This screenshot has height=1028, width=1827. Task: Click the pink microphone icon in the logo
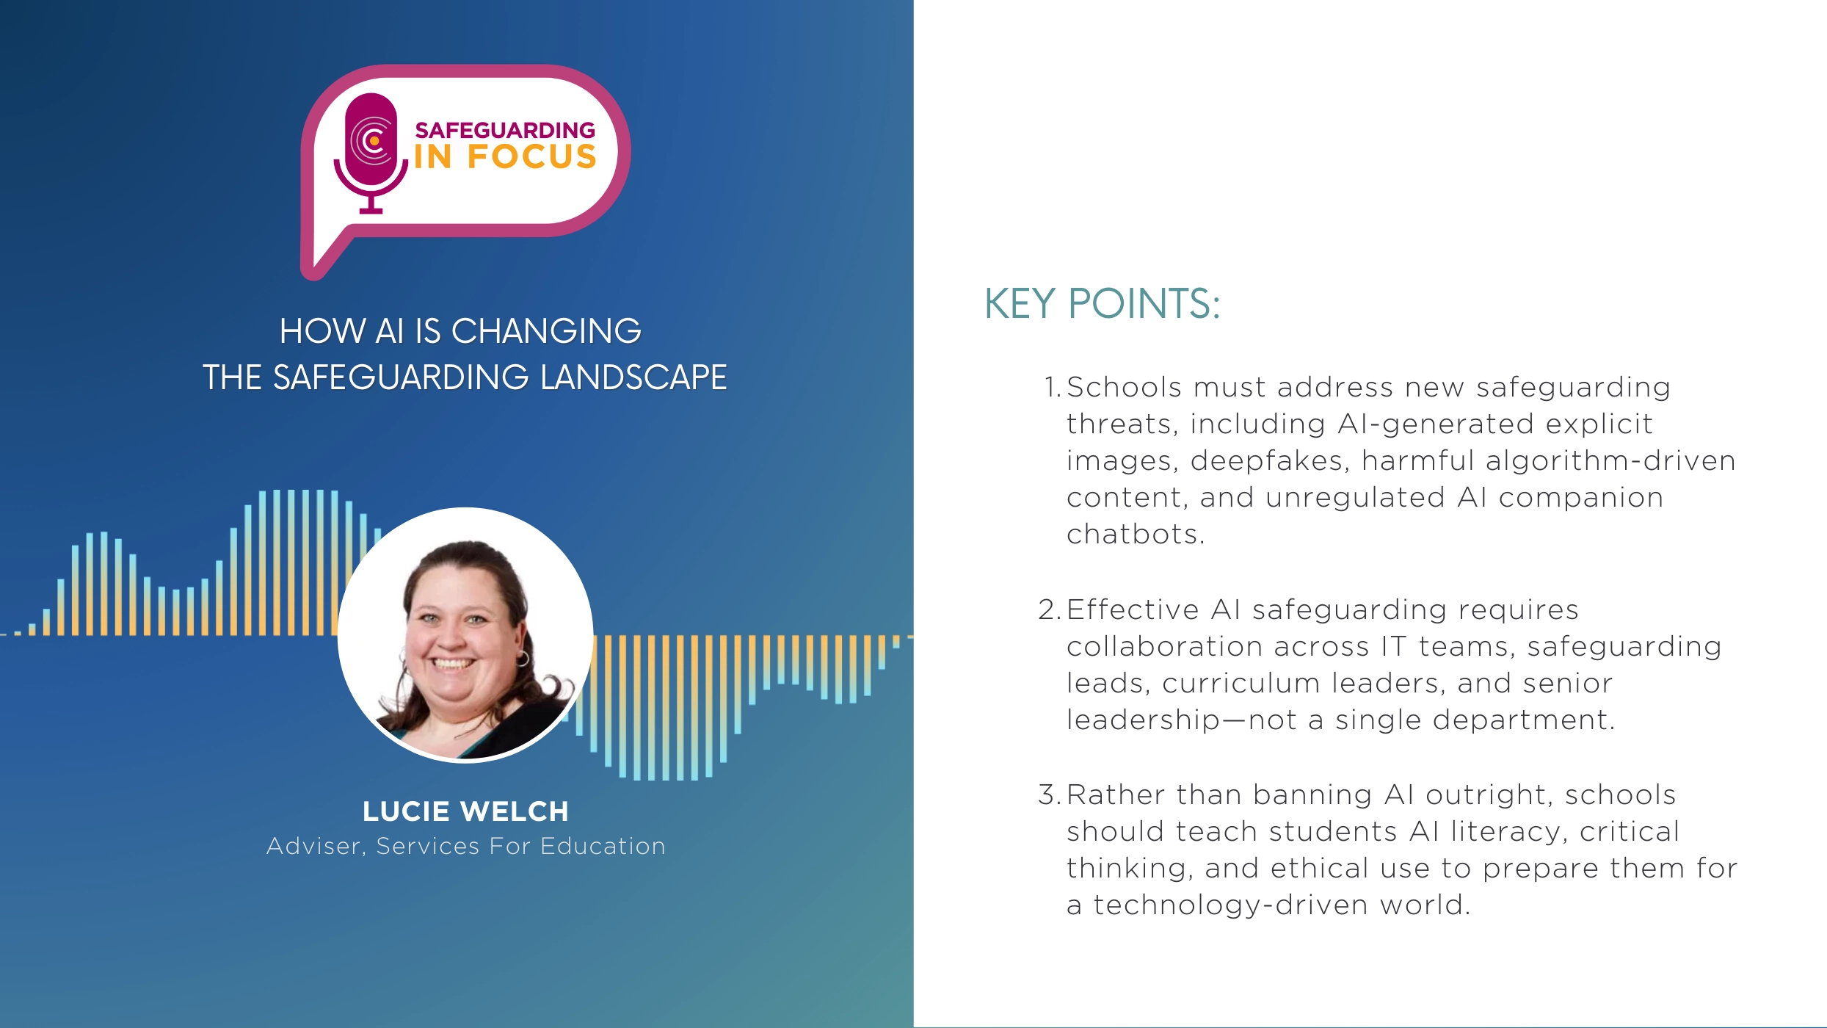pos(371,151)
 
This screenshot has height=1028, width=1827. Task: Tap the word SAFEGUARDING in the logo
pos(505,131)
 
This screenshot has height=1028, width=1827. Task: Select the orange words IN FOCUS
pos(505,157)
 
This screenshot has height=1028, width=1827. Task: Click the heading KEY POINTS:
pos(1102,303)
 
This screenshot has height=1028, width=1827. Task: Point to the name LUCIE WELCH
pos(465,811)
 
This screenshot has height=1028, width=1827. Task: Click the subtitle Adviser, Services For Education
pos(465,846)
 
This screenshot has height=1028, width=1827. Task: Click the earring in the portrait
pos(522,656)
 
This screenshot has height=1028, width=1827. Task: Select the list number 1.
pos(1051,387)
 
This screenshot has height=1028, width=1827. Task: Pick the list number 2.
pos(1050,609)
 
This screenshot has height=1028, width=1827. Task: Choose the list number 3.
pos(1050,794)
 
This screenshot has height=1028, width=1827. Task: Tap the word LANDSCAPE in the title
pos(633,377)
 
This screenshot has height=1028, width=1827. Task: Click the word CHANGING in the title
pos(546,331)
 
